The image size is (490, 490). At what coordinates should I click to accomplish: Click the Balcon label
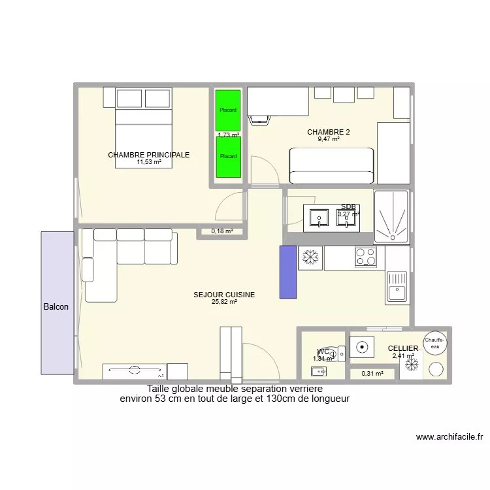pos(56,306)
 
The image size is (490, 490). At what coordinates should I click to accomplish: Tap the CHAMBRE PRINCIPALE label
pos(149,155)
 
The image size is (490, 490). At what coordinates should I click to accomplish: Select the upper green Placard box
pos(228,110)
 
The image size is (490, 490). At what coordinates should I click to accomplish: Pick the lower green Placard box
pos(228,157)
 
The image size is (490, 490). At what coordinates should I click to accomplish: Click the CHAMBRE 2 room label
pos(329,132)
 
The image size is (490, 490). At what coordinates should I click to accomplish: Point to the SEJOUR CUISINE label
pos(224,295)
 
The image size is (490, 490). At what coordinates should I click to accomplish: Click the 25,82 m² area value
pos(224,302)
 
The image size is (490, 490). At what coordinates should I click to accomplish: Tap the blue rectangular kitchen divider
pos(288,272)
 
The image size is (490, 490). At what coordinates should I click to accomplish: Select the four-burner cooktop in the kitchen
pos(365,257)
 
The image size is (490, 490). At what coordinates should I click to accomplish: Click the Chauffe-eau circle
pos(434,342)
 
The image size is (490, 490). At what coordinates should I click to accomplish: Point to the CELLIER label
pos(403,349)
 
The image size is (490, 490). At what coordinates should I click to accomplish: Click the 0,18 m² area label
pos(221,231)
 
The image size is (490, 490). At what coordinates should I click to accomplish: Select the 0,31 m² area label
pos(372,374)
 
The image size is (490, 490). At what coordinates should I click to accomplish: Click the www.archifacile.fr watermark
pos(449,437)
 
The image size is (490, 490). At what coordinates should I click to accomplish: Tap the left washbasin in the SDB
pos(319,216)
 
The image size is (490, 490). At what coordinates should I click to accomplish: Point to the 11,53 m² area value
pos(149,162)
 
